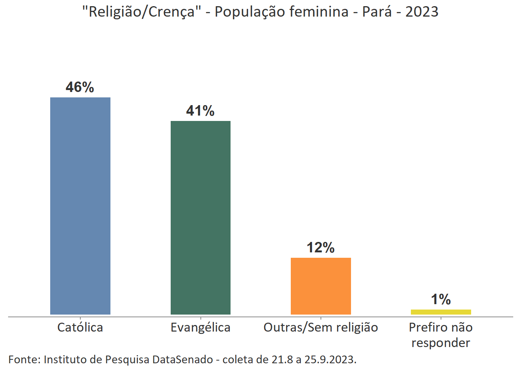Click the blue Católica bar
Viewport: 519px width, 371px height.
tap(80, 206)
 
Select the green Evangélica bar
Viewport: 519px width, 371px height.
tap(200, 218)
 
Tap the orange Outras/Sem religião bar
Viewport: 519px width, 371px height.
tap(321, 286)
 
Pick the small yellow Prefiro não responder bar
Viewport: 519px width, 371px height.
tap(441, 312)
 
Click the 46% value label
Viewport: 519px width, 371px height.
tap(80, 87)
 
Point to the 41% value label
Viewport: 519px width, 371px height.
tap(200, 111)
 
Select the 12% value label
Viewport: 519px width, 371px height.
tap(321, 248)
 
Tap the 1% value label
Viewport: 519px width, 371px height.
tap(441, 300)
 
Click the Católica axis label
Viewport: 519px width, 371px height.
tap(80, 328)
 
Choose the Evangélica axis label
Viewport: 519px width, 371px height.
tap(200, 328)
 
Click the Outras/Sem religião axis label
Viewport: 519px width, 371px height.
tap(321, 328)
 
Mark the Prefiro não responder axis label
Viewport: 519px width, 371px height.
tap(441, 335)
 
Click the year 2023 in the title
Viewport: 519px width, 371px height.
tap(422, 12)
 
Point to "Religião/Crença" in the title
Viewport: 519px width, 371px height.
tap(141, 12)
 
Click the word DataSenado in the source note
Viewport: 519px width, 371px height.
tap(183, 360)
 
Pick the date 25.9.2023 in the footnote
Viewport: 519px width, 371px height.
tap(330, 360)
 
